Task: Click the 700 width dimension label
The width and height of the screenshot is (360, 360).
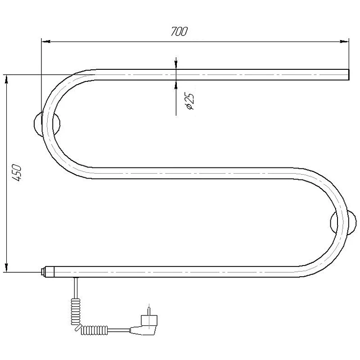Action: (x=179, y=31)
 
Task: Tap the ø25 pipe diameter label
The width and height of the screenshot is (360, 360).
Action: (x=190, y=101)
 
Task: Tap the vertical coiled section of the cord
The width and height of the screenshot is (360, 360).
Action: (x=76, y=311)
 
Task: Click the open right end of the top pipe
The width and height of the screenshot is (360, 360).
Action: (x=348, y=75)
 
